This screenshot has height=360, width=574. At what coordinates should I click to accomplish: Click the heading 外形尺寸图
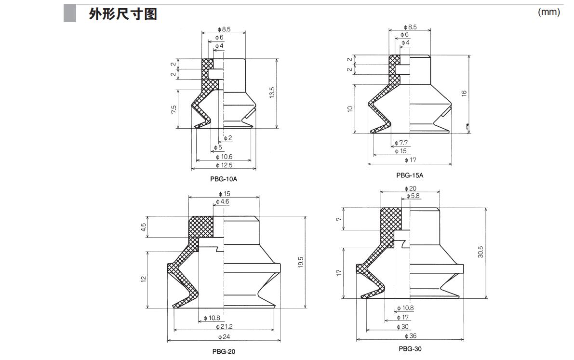click(123, 14)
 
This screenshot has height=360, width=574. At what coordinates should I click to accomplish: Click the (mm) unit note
click(548, 12)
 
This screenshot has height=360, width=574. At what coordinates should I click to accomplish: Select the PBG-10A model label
click(224, 179)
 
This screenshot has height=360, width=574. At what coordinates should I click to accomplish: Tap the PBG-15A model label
click(410, 175)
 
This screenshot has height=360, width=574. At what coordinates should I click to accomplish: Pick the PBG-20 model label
click(224, 351)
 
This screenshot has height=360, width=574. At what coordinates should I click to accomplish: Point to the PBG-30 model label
click(410, 348)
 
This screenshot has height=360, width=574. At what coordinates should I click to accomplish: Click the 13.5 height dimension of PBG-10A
click(272, 93)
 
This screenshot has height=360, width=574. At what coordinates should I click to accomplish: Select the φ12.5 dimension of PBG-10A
click(224, 165)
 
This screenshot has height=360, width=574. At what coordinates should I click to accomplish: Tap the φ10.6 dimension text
click(224, 157)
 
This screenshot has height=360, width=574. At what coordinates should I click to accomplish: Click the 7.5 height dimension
click(174, 110)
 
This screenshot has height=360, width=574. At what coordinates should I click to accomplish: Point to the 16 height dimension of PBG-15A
click(464, 93)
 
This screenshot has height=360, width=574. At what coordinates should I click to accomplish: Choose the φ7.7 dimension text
click(401, 143)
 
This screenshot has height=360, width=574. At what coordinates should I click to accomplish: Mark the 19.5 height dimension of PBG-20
click(301, 263)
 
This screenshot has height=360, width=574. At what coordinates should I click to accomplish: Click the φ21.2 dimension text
click(223, 326)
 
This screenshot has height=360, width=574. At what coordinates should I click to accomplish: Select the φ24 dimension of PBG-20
click(223, 337)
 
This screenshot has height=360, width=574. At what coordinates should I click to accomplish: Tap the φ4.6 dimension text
click(223, 201)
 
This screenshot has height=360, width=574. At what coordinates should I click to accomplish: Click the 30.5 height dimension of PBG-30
click(481, 252)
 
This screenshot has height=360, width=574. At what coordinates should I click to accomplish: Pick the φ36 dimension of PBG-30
click(410, 336)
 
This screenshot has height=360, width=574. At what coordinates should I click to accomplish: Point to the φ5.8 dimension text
click(413, 196)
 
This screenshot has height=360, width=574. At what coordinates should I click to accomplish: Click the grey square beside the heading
click(70, 13)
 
